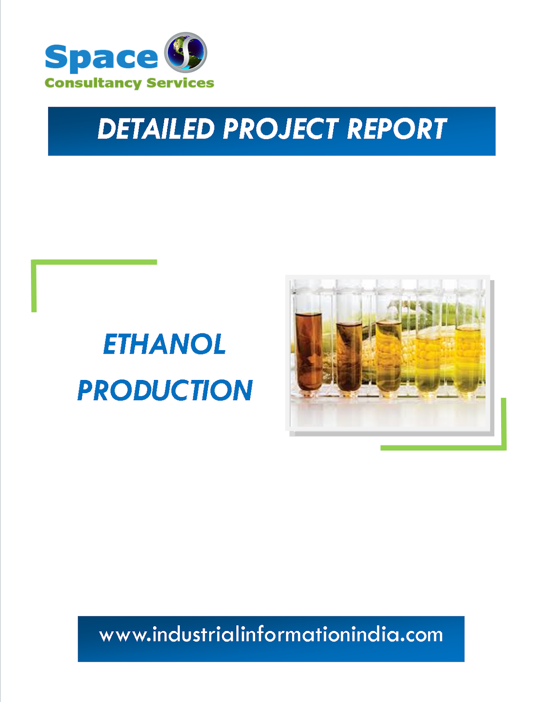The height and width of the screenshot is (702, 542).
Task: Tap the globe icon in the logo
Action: pyautogui.click(x=185, y=52)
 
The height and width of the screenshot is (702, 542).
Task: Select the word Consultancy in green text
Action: pyautogui.click(x=93, y=83)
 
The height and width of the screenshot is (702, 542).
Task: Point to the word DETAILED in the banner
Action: pyautogui.click(x=156, y=129)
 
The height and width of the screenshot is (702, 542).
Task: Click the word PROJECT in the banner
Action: pyautogui.click(x=281, y=129)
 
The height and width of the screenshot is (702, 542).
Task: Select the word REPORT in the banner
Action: pyautogui.click(x=396, y=129)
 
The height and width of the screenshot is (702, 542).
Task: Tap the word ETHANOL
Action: pyautogui.click(x=164, y=344)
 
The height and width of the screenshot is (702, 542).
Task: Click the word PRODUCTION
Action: pyautogui.click(x=165, y=390)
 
